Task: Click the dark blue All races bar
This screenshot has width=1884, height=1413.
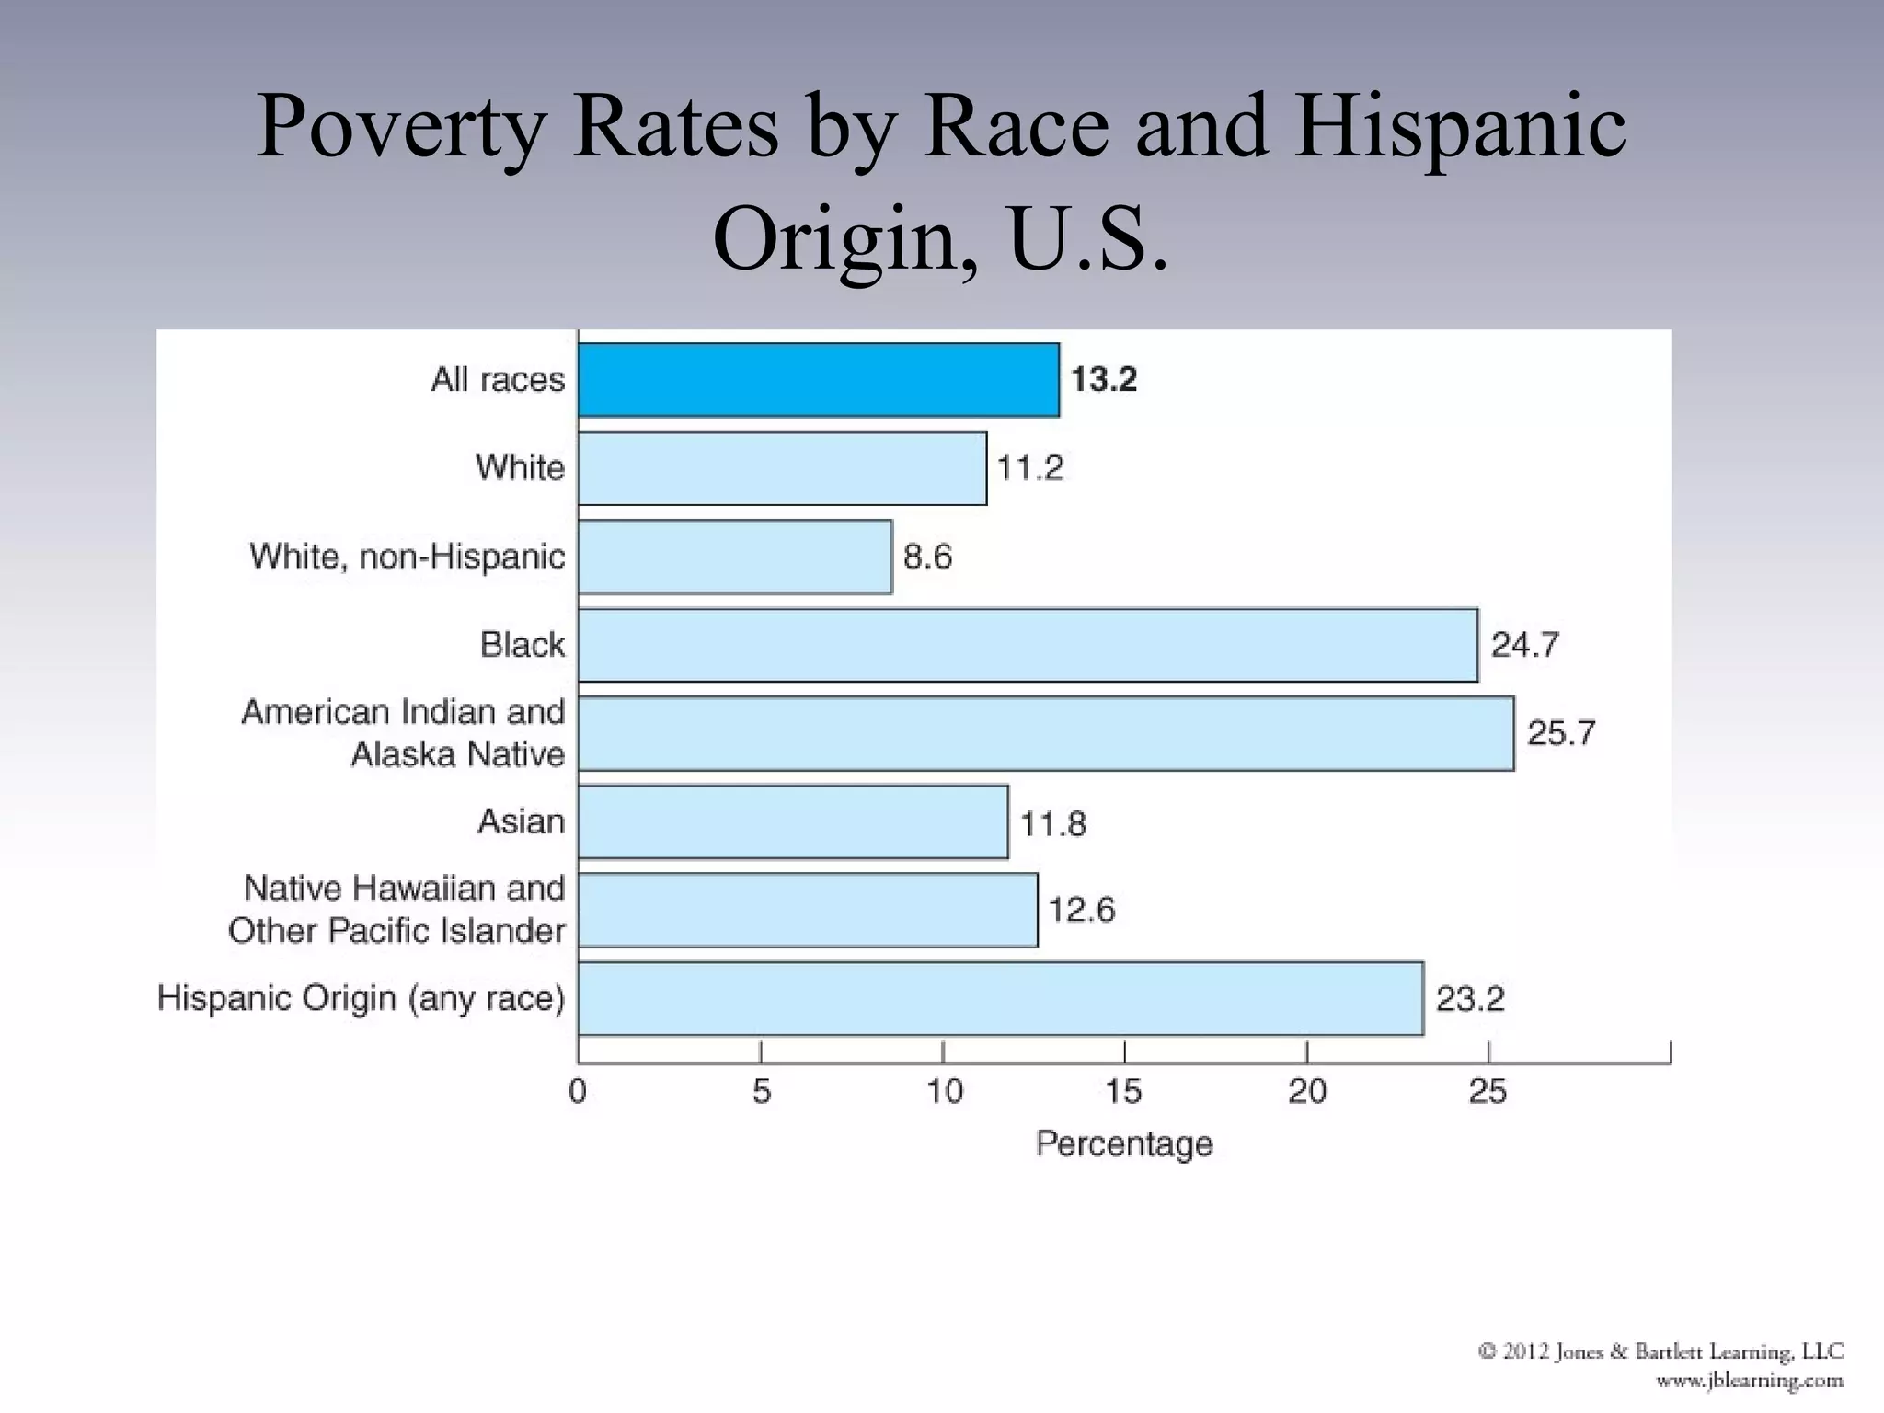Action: click(819, 380)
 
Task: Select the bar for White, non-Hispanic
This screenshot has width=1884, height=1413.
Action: click(735, 557)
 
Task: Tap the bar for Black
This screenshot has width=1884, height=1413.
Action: click(1028, 645)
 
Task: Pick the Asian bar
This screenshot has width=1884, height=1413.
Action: click(793, 821)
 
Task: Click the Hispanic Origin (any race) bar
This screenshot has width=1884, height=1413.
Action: click(1001, 998)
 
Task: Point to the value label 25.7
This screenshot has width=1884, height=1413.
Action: click(1561, 733)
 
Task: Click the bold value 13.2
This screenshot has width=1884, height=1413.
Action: click(1103, 379)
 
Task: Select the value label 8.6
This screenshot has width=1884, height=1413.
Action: click(927, 557)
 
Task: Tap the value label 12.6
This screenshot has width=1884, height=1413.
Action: click(1081, 910)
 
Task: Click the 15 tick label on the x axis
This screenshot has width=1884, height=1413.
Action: click(1123, 1092)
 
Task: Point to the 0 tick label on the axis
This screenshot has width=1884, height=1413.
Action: click(578, 1092)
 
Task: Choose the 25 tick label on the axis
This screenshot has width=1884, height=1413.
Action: click(1488, 1092)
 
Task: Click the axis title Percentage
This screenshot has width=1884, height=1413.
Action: click(1124, 1143)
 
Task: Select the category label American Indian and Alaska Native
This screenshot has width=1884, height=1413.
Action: click(403, 733)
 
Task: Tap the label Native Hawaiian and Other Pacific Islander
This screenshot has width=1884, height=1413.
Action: click(396, 910)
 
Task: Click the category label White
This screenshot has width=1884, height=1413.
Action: click(520, 467)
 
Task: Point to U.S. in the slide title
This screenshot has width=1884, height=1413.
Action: click(1088, 239)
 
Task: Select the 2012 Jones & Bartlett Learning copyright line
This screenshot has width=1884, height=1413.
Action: click(1660, 1351)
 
